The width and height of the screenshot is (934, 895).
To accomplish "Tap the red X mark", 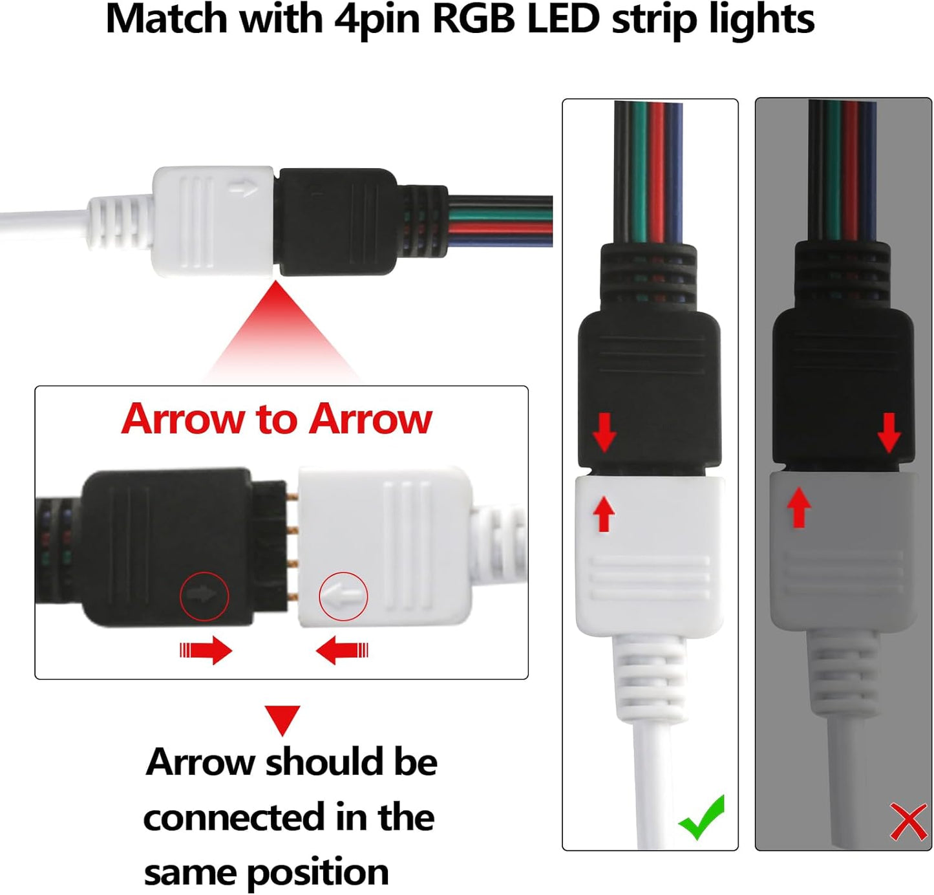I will (x=908, y=821).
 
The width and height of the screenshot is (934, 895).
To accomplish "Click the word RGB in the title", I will (x=474, y=19).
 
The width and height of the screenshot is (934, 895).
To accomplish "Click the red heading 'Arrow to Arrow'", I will (x=277, y=419).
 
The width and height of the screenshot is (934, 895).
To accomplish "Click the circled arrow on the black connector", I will (x=204, y=596).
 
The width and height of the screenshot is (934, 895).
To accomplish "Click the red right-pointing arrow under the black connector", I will (x=206, y=650).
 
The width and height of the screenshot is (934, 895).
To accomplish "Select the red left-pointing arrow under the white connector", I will (x=342, y=650).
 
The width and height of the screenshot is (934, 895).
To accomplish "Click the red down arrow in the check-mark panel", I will (x=604, y=432).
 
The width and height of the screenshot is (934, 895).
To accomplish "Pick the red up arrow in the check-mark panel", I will (x=604, y=513).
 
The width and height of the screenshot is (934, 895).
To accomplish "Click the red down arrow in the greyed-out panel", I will (x=889, y=432).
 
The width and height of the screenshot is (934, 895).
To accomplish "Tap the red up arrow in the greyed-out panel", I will (x=800, y=507).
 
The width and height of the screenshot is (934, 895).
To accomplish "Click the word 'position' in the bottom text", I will (x=318, y=873).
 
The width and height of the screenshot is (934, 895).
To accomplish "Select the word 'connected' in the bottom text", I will (x=234, y=817).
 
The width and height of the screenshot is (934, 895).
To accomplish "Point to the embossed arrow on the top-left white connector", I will (x=244, y=189).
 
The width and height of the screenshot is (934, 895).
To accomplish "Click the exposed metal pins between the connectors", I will (x=292, y=546).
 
